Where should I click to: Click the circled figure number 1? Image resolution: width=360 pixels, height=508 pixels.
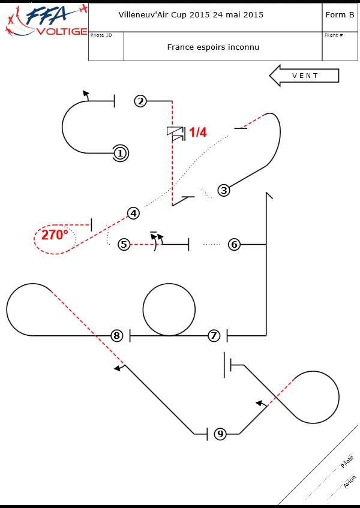tap(120, 154)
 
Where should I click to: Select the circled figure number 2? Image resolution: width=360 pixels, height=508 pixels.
tap(140, 101)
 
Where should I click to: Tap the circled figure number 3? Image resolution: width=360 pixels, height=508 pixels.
tap(224, 191)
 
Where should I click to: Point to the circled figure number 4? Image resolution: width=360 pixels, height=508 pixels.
tap(133, 213)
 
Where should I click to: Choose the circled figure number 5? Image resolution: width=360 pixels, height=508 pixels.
tap(124, 244)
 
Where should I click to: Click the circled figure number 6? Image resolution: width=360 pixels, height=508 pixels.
tap(235, 244)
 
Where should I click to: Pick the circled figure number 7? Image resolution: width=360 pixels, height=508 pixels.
tap(214, 336)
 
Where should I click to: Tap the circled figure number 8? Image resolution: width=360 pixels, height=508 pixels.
tap(117, 336)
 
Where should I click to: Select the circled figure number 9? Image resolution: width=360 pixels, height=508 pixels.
tap(220, 434)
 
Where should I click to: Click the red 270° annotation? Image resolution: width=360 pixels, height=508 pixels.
tap(55, 235)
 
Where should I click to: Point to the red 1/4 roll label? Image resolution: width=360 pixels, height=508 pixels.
tap(198, 133)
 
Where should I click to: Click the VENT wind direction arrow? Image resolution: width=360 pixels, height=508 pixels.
tap(304, 76)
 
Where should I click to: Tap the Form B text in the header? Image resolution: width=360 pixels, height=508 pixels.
tap(340, 15)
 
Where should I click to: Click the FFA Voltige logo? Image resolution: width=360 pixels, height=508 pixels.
tap(45, 20)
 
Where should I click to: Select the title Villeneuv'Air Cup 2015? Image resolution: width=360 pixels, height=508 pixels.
tap(191, 15)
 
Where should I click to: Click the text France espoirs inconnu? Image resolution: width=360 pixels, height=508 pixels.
tap(213, 47)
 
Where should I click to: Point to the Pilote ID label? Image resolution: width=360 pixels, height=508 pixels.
tap(101, 35)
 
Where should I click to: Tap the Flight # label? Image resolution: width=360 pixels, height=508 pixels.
tap(334, 35)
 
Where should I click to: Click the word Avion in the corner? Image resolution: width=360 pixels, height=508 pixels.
tap(350, 482)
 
